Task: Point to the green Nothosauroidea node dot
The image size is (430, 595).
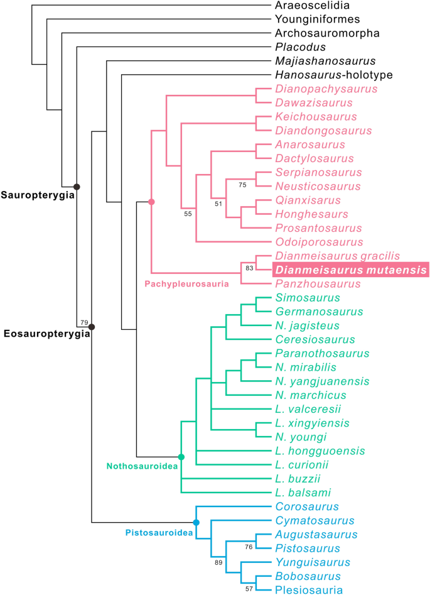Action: coord(181,457)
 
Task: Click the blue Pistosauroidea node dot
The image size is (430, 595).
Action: coord(196,522)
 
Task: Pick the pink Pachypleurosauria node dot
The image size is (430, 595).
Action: coord(151,202)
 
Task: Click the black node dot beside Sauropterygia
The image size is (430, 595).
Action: coord(77,186)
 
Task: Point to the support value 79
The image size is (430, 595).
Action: coord(83,322)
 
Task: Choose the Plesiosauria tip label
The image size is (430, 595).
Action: coord(308,589)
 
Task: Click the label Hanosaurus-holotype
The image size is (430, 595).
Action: coord(334,75)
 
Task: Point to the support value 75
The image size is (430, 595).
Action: coord(243,185)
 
